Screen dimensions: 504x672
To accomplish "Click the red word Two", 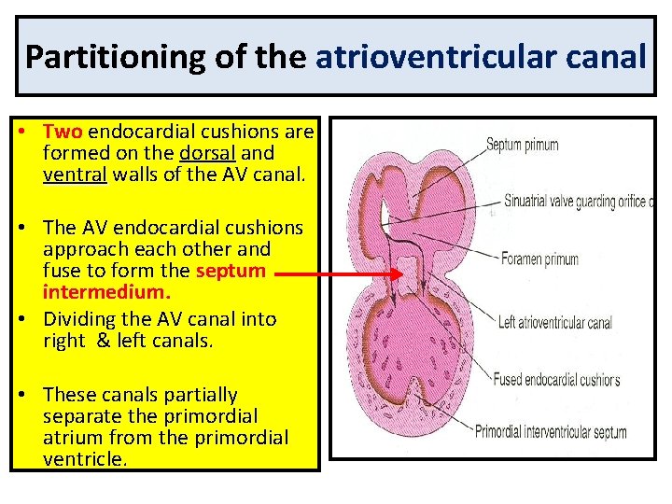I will (x=63, y=131).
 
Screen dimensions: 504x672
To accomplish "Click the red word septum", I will (x=231, y=272).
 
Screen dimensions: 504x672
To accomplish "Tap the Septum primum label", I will (x=522, y=146).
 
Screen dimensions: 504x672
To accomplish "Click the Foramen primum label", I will (x=539, y=259).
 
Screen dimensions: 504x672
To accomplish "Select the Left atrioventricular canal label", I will (x=554, y=323).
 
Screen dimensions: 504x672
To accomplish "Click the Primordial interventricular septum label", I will (x=551, y=432).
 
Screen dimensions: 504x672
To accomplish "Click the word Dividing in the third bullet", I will (x=78, y=319).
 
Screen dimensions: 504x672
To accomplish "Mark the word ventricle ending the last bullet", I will (x=83, y=459).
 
